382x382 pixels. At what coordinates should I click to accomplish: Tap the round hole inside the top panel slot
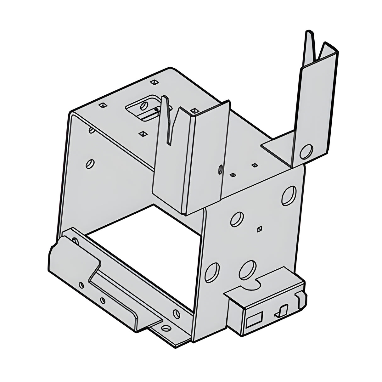pyautogui.click(x=144, y=105)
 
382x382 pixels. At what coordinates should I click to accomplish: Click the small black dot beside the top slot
pyautogui.click(x=156, y=110)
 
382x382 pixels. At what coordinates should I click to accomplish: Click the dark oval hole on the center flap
pyautogui.click(x=220, y=170)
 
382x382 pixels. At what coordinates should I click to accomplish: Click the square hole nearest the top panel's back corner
pyautogui.click(x=154, y=82)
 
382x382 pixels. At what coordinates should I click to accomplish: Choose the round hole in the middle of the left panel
pyautogui.click(x=89, y=163)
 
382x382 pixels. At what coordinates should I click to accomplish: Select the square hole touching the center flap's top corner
pyautogui.click(x=194, y=111)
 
